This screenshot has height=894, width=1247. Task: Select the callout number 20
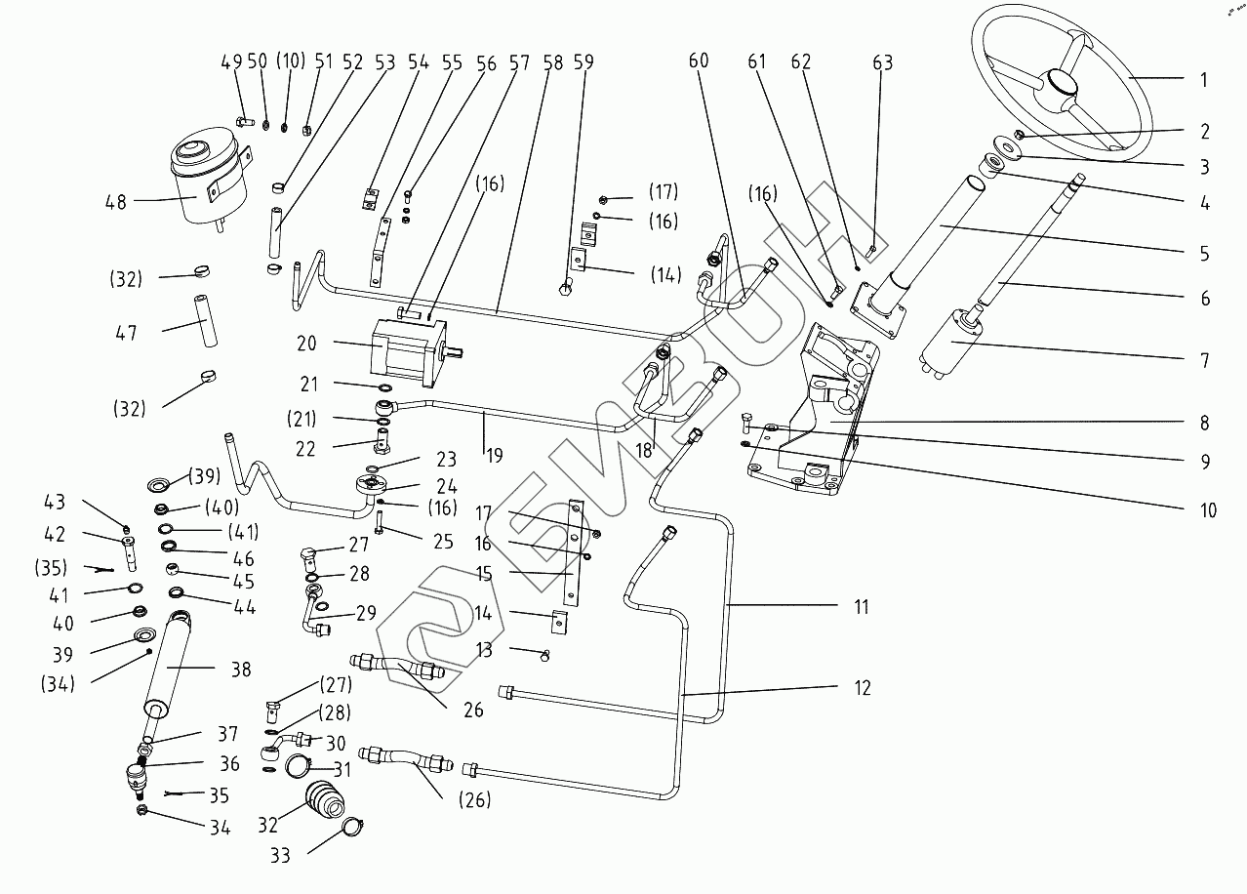[x=307, y=344]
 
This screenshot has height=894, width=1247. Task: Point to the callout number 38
[x=241, y=670]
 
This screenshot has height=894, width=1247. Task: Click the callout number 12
[x=862, y=688]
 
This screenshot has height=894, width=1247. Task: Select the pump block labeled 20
[x=407, y=348]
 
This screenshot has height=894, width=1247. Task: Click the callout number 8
[x=1204, y=423]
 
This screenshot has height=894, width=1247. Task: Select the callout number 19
[x=495, y=454]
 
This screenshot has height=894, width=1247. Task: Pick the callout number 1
[x=1204, y=80]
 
